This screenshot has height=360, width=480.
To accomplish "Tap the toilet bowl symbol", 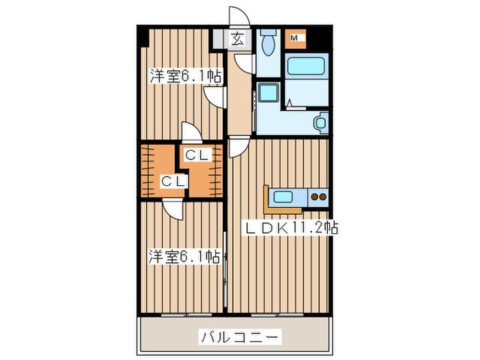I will tap(268, 43).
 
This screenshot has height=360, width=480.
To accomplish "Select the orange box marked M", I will tap(296, 38).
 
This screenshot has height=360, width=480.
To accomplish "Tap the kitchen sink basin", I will tap(283, 197).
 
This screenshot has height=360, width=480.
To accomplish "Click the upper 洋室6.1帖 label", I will tap(185, 77).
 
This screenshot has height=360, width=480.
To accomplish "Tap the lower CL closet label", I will tap(171, 181).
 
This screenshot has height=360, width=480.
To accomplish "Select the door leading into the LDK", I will tap(238, 147).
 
